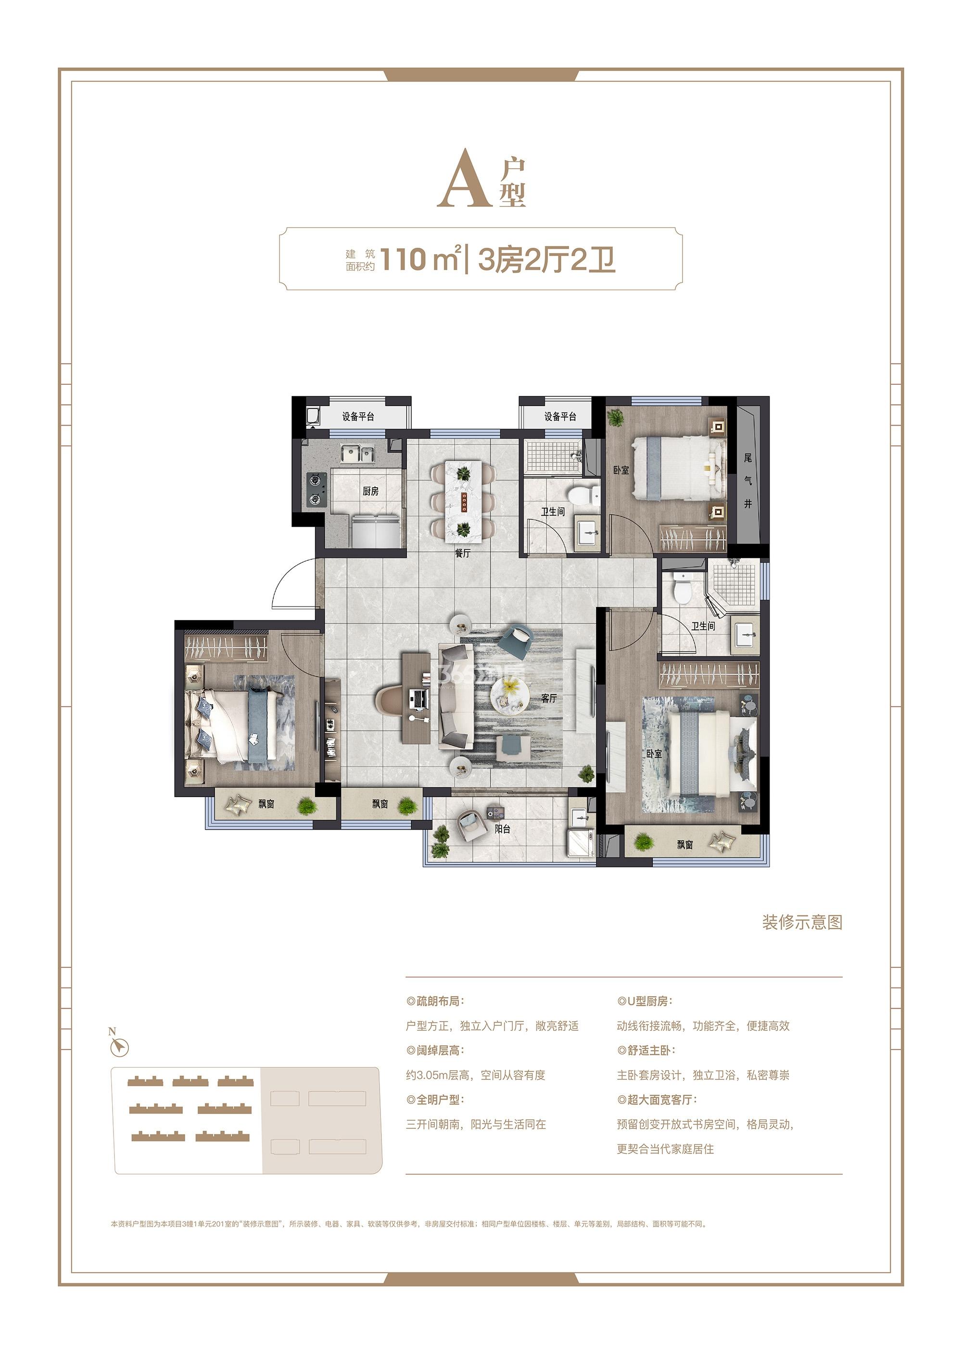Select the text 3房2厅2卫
[546, 259]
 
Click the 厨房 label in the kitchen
[371, 491]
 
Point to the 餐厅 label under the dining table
[463, 553]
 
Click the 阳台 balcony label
[502, 829]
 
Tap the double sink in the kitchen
[357, 454]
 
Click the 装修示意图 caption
[802, 922]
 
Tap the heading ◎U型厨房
[645, 1001]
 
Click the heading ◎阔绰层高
[435, 1050]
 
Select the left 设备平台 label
[358, 417]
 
